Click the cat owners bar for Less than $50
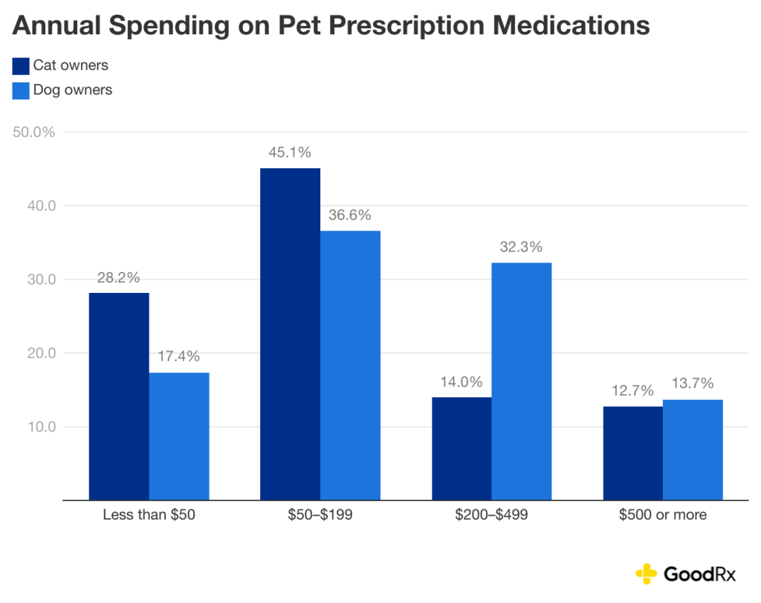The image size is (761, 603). pos(119,396)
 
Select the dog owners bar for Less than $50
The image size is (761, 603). pos(179,436)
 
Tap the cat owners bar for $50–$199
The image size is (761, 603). pos(290,334)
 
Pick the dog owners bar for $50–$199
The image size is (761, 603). pos(350,365)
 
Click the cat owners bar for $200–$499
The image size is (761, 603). pos(462,448)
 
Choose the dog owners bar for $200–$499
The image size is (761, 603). pos(522,381)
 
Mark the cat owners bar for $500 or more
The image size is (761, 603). pos(632,453)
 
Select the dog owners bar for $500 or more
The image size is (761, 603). pos(693,450)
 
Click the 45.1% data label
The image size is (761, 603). pos(290,152)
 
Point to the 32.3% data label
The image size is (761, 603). pos(522,246)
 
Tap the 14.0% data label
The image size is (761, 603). pos(462,382)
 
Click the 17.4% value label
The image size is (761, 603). pos(179,356)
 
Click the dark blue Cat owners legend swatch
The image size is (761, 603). pos(21,66)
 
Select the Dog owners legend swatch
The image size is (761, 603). pos(21,91)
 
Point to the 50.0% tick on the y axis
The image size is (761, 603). pos(34,132)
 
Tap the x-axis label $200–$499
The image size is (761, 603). pos(491,515)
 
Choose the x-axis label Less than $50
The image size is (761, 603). pos(149,515)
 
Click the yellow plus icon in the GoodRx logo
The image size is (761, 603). pos(647,573)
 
